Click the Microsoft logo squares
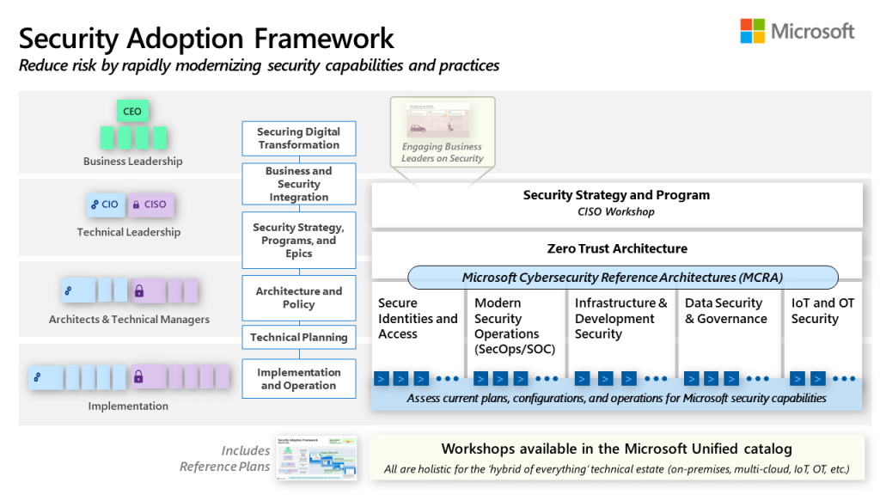click(x=753, y=31)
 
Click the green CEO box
click(x=132, y=112)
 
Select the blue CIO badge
click(x=104, y=205)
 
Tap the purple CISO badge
click(x=150, y=205)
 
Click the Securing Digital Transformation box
click(x=299, y=138)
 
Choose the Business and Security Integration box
click(x=299, y=184)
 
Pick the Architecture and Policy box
click(x=299, y=298)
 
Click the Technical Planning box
click(x=299, y=338)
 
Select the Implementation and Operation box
click(x=299, y=379)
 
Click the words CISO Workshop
click(x=616, y=211)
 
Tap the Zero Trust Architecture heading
click(x=617, y=248)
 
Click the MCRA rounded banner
click(x=622, y=277)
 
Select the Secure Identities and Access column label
click(x=418, y=318)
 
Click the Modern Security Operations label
click(x=514, y=326)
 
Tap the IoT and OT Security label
click(x=822, y=310)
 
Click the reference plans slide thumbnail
click(x=316, y=458)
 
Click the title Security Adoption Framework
click(x=206, y=38)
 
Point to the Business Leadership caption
click(x=132, y=161)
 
